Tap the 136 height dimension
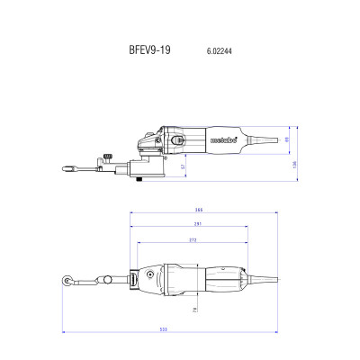pyautogui.click(x=294, y=163)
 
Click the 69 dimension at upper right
pyautogui.click(x=285, y=139)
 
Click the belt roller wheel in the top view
pyautogui.click(x=68, y=282)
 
